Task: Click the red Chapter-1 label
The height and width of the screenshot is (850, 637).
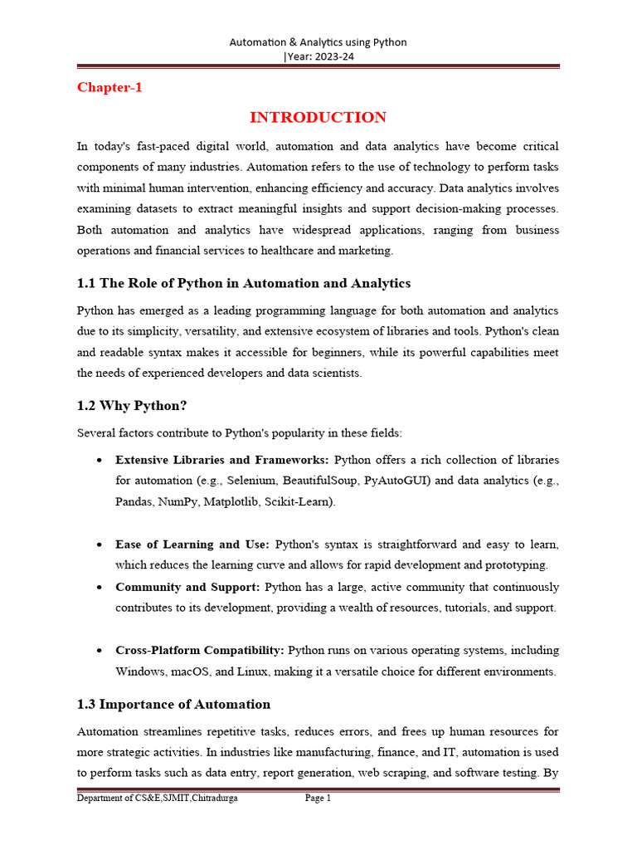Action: click(x=109, y=87)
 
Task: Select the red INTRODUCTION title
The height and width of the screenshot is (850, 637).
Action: click(x=318, y=117)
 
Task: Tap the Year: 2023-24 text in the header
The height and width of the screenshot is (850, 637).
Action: click(x=319, y=56)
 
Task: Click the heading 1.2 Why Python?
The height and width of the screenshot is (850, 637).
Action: click(x=131, y=406)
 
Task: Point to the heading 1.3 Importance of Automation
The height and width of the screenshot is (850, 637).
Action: click(x=173, y=704)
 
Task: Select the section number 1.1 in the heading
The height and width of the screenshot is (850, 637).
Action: click(x=86, y=283)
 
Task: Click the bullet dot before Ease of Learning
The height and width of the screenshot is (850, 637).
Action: click(x=99, y=545)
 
